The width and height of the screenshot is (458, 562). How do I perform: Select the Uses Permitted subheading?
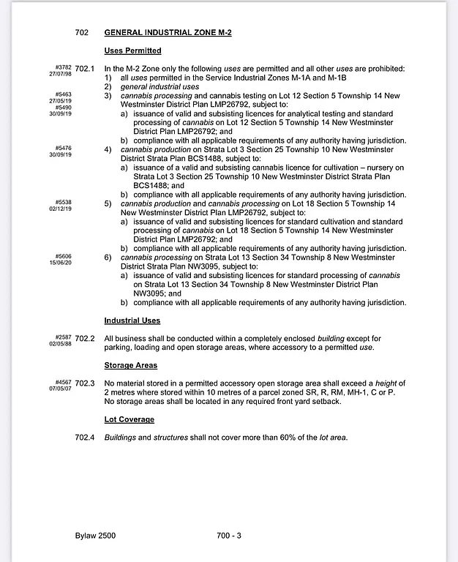(132, 50)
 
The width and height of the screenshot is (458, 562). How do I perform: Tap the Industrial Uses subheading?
(132, 321)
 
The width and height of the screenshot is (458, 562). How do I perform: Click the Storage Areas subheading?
(131, 365)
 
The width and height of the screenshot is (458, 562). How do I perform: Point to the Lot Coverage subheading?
(129, 419)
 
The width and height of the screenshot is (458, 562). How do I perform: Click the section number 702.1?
(86, 69)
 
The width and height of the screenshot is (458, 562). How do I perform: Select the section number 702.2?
(86, 339)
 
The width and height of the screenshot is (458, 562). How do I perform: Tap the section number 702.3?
(86, 383)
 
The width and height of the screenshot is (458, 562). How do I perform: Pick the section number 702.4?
(86, 438)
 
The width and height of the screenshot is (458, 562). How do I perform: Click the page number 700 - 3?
(229, 536)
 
